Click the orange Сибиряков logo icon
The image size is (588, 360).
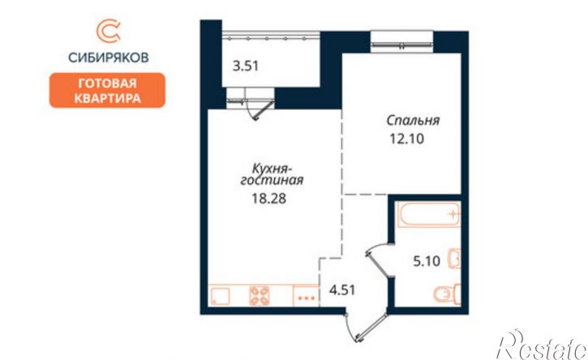tap(108, 31)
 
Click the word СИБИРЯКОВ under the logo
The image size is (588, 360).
tap(109, 58)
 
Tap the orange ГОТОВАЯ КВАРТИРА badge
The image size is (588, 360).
tap(107, 90)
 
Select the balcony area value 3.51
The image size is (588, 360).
tap(246, 66)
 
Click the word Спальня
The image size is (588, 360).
tap(413, 121)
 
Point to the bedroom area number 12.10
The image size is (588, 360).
tap(407, 139)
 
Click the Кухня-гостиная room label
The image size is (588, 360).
tap(272, 174)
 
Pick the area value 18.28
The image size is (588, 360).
tap(269, 199)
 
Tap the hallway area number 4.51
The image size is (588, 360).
tap(342, 290)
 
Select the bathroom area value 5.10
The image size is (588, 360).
tap(427, 260)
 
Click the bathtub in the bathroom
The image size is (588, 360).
tap(428, 215)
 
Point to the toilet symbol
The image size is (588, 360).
tap(447, 294)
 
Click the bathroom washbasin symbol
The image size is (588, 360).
tap(454, 259)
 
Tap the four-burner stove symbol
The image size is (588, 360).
tap(260, 295)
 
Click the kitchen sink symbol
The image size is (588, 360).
tap(220, 295)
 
